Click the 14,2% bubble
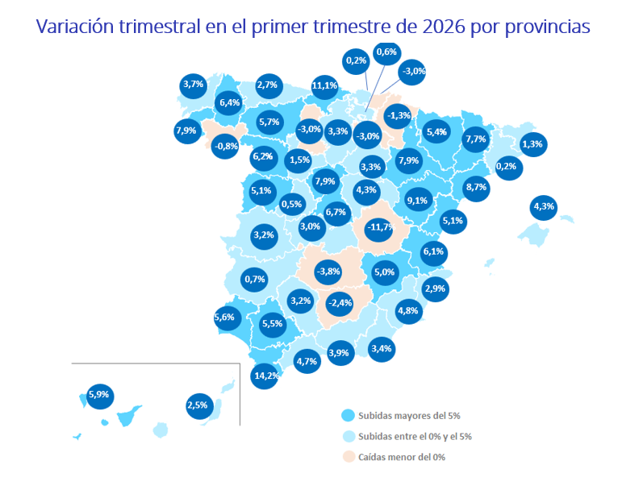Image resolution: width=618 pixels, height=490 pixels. [x=265, y=376]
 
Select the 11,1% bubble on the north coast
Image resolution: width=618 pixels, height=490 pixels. [x=324, y=85]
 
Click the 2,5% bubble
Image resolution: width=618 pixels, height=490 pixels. [x=198, y=405]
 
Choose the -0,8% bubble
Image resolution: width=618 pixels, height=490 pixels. [x=225, y=146]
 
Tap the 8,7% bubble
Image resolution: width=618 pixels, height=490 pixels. [x=476, y=187]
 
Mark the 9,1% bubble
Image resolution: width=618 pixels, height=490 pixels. [x=417, y=200]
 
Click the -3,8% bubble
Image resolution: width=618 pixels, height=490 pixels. [x=328, y=271]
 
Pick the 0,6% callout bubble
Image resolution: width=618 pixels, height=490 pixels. [x=387, y=52]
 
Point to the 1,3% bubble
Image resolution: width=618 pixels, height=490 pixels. [x=532, y=145]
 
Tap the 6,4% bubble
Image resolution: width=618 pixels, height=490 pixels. [x=230, y=102]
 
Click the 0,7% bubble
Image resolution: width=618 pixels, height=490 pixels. [x=254, y=280]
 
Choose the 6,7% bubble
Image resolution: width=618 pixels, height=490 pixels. [x=336, y=213]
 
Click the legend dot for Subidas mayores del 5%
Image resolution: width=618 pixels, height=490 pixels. [x=348, y=416]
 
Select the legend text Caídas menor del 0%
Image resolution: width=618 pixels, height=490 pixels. [x=402, y=457]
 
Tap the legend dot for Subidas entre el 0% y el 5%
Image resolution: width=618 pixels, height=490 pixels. [x=348, y=437]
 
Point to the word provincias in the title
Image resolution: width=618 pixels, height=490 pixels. [x=549, y=27]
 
